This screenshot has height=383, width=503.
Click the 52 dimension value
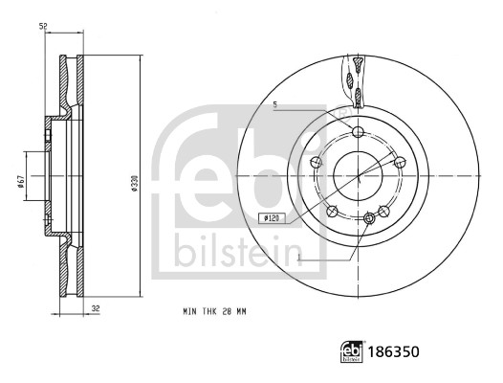[x=43, y=26]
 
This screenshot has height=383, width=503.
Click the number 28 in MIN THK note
[x=229, y=312]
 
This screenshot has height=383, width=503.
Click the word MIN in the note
[x=190, y=312]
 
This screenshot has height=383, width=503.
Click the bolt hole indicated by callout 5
[x=358, y=133]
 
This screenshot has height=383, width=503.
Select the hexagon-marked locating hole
[x=370, y=219]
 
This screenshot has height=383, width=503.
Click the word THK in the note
[x=211, y=312]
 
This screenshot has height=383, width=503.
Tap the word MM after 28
[x=245, y=312]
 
